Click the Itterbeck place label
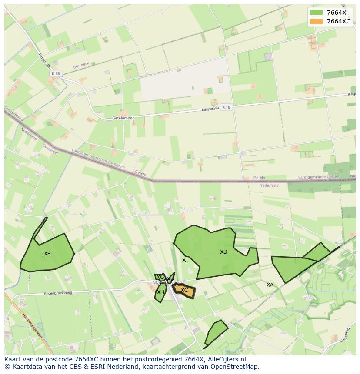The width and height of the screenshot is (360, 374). click(81, 64)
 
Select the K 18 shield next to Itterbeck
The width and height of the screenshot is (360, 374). click(55, 74)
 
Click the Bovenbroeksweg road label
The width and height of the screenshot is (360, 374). click(58, 293)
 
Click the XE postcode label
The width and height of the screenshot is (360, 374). click(47, 254)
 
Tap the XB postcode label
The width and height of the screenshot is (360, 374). click(223, 252)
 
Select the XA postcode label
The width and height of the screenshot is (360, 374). click(270, 285)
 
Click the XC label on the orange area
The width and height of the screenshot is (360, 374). click(184, 290)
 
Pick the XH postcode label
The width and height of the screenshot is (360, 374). click(160, 292)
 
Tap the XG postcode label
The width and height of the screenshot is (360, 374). click(160, 277)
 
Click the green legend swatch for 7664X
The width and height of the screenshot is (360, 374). click(317, 13)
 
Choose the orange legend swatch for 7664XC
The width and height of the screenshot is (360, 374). click(317, 21)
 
